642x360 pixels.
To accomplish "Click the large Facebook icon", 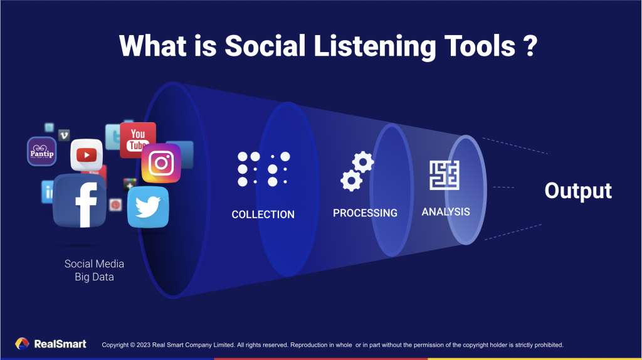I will (x=79, y=201).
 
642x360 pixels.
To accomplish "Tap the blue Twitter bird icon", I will (x=148, y=207).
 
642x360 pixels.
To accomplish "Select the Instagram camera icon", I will (x=161, y=163).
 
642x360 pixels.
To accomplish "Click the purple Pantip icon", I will (x=42, y=152).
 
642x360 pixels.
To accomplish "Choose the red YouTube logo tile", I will (x=137, y=139).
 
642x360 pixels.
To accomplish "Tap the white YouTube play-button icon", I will (x=87, y=154).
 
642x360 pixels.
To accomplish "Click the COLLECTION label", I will (x=263, y=214).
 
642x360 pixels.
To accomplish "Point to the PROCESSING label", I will (x=365, y=213).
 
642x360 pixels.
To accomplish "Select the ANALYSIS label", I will (x=446, y=212).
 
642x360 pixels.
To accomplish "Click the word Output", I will (x=577, y=191).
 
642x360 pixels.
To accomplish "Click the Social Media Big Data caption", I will (x=94, y=270).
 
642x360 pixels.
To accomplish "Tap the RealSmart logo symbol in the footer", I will (x=22, y=344).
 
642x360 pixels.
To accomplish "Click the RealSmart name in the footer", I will (x=60, y=344).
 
